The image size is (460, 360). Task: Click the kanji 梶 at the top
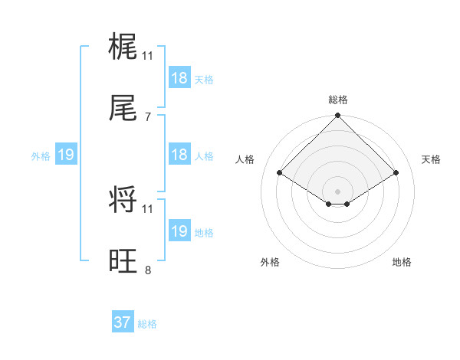[123, 48]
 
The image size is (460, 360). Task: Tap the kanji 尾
[123, 110]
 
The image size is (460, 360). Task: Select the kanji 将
[123, 201]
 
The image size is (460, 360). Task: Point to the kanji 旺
[123, 263]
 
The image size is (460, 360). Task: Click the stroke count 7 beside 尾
[148, 117]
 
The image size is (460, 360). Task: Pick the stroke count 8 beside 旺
[148, 270]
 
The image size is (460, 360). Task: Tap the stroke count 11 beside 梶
[148, 55]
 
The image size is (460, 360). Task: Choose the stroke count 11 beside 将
[148, 208]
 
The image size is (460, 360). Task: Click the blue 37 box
[123, 322]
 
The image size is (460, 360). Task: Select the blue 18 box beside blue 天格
[179, 78]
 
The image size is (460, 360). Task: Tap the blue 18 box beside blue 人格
[179, 155]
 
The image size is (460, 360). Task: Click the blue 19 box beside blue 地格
[179, 231]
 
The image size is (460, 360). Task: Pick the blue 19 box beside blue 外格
[66, 155]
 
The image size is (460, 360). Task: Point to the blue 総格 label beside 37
[147, 324]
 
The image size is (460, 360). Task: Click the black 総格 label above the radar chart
[338, 100]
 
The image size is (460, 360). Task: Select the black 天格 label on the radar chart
[432, 159]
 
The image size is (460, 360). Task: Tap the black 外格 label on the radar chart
[270, 262]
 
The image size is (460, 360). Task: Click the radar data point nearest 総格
[338, 116]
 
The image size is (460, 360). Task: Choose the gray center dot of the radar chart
[338, 191]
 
